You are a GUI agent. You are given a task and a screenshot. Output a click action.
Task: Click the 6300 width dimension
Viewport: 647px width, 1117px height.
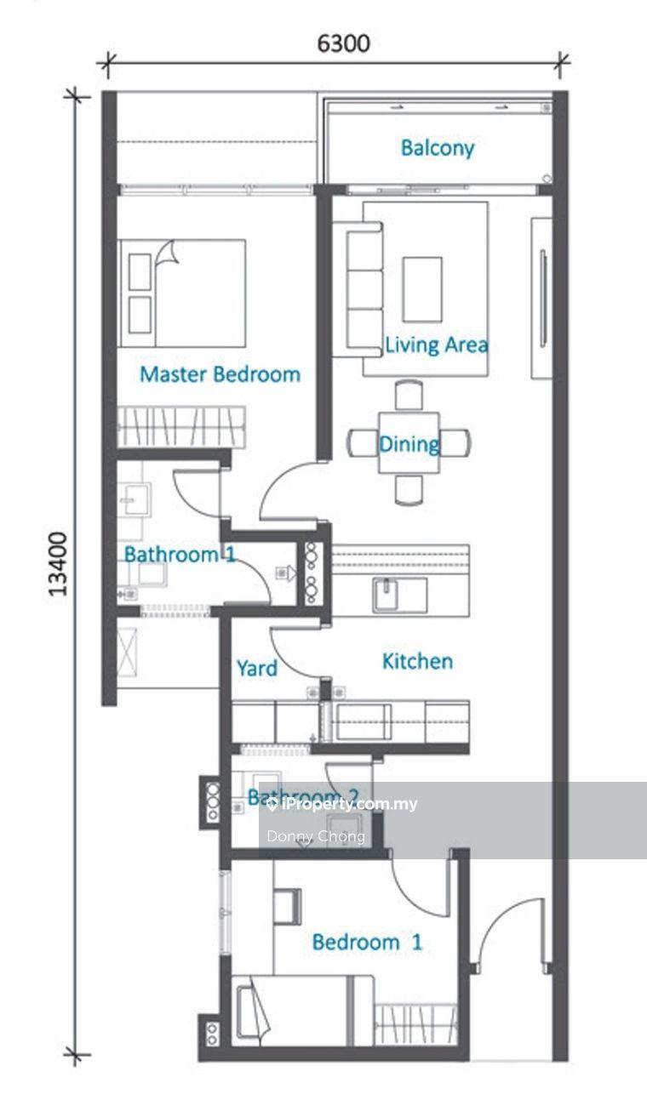coord(344,43)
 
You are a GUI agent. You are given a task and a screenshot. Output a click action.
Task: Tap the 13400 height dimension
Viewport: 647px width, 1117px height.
coord(58,564)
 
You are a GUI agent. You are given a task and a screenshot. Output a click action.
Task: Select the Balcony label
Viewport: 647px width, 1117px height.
coord(438,148)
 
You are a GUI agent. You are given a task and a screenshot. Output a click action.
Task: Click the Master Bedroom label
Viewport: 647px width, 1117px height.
coord(220,374)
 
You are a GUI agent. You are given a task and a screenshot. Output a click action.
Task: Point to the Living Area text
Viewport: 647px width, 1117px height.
coord(437,345)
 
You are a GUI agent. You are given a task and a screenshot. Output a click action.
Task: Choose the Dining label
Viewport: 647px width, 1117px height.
coord(409,444)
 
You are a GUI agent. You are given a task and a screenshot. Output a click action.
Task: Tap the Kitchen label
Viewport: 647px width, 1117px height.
coord(417,661)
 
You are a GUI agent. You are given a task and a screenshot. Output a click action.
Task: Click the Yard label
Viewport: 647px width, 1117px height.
coord(257,668)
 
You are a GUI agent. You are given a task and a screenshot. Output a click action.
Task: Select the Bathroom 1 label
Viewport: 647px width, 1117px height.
coord(180,555)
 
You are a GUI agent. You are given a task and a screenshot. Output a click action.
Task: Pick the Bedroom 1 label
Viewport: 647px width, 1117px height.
coord(367,942)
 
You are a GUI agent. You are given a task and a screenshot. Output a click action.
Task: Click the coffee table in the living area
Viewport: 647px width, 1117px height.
coord(422,289)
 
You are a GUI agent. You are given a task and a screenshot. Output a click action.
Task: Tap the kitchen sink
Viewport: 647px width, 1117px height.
coord(399,595)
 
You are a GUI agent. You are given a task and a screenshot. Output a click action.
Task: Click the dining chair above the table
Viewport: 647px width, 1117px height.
coord(409,395)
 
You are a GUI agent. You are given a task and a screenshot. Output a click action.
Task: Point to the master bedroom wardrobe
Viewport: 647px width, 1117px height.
coord(181,426)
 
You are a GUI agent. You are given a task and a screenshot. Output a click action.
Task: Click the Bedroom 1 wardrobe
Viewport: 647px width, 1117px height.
coord(415,1023)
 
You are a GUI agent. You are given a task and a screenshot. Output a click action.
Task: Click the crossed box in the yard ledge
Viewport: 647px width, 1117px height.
coord(127,653)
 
